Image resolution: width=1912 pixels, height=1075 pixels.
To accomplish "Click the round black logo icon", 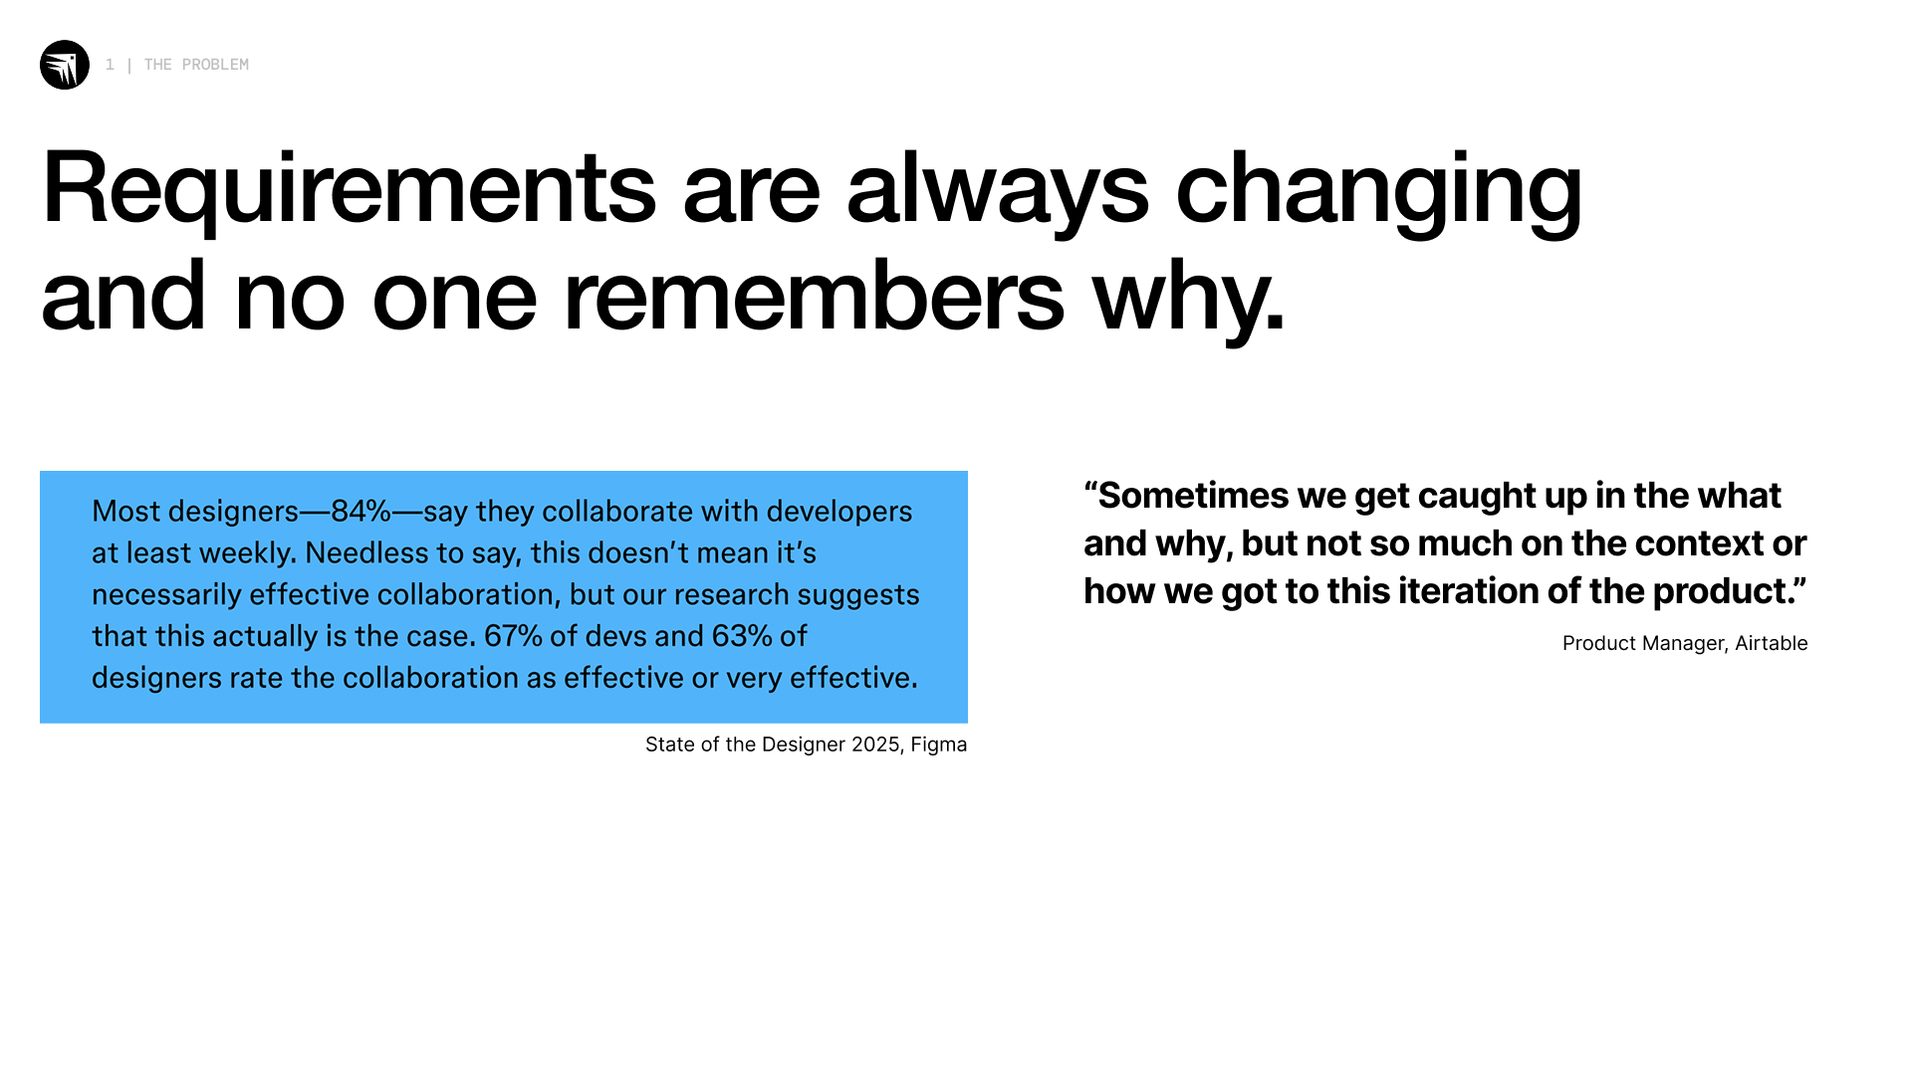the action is [65, 65].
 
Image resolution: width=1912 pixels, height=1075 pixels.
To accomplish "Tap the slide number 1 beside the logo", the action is [110, 65].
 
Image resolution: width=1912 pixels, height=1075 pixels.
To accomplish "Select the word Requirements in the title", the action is [349, 189].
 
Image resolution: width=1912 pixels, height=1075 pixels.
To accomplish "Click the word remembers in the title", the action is [814, 296].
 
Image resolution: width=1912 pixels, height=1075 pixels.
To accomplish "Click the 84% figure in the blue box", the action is [360, 511].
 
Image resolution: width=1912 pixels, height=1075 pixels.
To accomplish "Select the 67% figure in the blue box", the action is [514, 636].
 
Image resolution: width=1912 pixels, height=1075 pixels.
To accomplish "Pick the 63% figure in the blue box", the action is [742, 636].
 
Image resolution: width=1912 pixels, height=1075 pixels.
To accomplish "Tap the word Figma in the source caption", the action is [939, 746].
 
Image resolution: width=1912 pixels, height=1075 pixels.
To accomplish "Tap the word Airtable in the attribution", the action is [1772, 643].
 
